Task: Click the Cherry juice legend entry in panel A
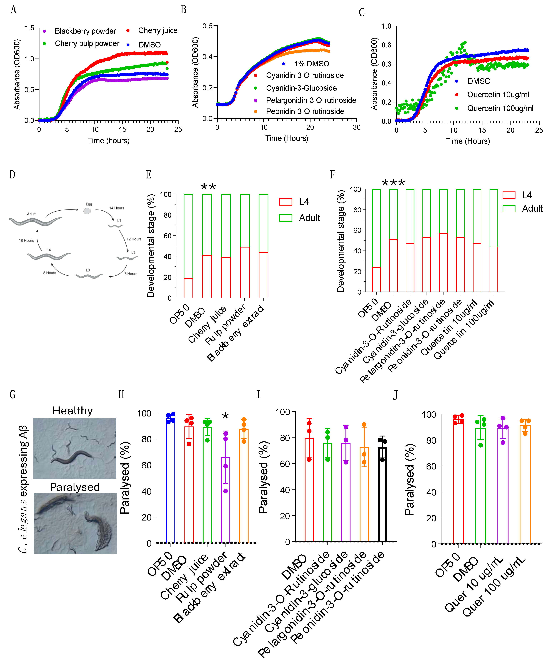pos(157,31)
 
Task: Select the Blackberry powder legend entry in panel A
pos(85,31)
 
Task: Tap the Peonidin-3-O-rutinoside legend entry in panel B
pos(305,111)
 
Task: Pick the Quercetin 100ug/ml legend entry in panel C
pos(500,108)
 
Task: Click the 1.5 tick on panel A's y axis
pos(29,28)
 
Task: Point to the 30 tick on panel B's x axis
pos(356,127)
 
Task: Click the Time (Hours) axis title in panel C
pos(467,141)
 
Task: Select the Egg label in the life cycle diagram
pos(89,204)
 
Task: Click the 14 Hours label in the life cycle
pos(116,208)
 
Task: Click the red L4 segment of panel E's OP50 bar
pos(188,288)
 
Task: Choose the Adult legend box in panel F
pos(509,209)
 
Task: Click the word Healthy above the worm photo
pos(73,411)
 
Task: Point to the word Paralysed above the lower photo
pos(75,487)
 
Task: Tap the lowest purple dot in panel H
pos(225,491)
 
